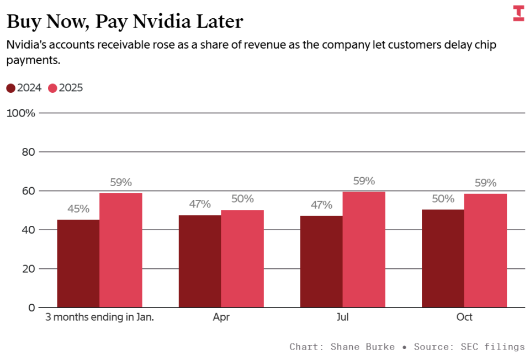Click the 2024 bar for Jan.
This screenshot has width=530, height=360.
78,263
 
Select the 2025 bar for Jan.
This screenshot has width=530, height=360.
121,250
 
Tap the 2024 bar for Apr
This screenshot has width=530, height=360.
200,261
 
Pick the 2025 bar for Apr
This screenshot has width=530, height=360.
242,258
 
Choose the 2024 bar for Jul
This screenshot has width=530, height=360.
321,261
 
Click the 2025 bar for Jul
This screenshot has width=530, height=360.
364,250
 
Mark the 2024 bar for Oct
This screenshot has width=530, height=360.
443,258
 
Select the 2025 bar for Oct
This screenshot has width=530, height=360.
485,250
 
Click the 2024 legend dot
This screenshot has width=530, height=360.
11,88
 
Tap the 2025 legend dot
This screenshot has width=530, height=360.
53,88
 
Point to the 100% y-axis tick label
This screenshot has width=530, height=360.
21,113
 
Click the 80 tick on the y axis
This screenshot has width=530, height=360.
28,152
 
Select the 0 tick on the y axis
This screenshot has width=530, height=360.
31,308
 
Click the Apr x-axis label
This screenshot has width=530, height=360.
221,317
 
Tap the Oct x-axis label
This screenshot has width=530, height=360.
464,317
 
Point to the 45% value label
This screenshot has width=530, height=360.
78,209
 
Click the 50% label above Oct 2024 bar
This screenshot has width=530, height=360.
443,199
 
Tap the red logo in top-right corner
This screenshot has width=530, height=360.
518,13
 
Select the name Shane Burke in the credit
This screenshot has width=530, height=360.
363,347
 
